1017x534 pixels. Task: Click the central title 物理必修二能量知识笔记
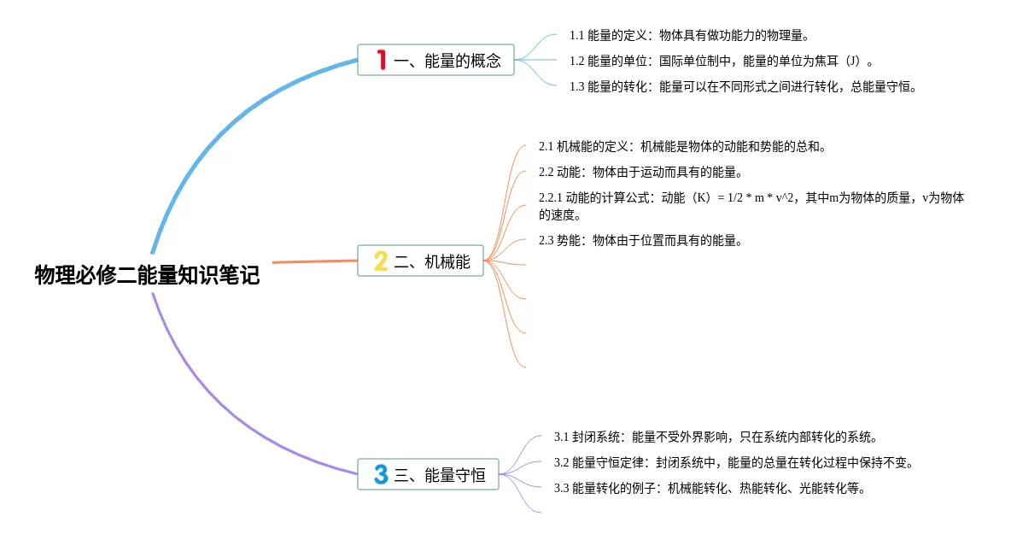point(147,275)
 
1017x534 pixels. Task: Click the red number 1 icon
point(381,60)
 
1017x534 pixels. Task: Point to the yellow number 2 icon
point(381,261)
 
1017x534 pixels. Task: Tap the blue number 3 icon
point(381,475)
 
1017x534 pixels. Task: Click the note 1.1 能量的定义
point(688,36)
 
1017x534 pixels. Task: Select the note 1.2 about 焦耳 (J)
point(721,61)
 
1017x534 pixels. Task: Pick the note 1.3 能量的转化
point(742,86)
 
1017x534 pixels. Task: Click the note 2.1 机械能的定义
point(682,146)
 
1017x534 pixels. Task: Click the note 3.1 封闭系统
point(716,437)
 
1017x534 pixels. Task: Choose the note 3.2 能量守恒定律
point(734,462)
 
